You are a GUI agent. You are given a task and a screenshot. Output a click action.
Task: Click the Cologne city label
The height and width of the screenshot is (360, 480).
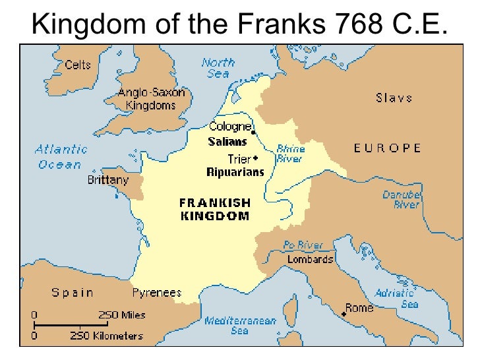pyautogui.click(x=230, y=127)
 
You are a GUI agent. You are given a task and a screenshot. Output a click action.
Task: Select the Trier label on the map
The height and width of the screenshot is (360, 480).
pyautogui.click(x=239, y=160)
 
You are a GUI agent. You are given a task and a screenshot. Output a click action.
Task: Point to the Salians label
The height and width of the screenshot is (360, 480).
pyautogui.click(x=227, y=142)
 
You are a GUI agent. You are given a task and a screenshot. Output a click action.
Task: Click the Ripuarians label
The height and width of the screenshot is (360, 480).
pyautogui.click(x=235, y=173)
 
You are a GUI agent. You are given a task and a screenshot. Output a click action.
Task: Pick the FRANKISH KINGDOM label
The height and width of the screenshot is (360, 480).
pyautogui.click(x=214, y=209)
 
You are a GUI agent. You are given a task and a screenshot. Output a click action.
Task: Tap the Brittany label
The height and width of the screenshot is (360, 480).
pyautogui.click(x=108, y=179)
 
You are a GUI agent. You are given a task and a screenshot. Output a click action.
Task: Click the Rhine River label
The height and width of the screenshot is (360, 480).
pyautogui.click(x=289, y=154)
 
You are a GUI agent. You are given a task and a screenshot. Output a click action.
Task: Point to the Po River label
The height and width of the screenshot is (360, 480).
pyautogui.click(x=303, y=245)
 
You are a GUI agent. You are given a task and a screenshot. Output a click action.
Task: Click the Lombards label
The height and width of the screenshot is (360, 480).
pyautogui.click(x=310, y=260)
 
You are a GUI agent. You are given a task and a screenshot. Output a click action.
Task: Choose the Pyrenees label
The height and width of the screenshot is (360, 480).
pyautogui.click(x=157, y=293)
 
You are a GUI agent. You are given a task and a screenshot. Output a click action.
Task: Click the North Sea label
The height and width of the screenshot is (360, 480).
pyautogui.click(x=218, y=68)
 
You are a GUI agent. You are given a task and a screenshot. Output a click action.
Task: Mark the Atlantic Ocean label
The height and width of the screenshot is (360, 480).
pyautogui.click(x=61, y=157)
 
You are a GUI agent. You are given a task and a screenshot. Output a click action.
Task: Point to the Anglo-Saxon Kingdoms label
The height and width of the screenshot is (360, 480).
pyautogui.click(x=151, y=99)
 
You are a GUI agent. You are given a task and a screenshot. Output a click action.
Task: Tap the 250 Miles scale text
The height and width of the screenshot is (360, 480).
pyautogui.click(x=122, y=315)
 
